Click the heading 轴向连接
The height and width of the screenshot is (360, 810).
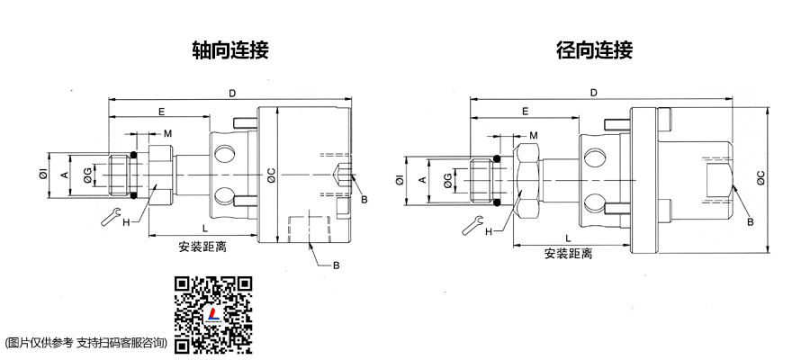click(230, 49)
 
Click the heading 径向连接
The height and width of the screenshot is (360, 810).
click(594, 49)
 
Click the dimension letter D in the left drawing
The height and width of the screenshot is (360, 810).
click(232, 93)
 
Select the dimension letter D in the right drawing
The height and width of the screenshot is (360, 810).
click(593, 93)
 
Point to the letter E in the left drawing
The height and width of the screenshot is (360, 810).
click(161, 112)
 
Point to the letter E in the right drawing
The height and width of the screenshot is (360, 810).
click(524, 112)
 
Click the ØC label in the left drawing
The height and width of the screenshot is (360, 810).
click(272, 176)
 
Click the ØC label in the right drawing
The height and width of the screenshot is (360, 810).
click(761, 177)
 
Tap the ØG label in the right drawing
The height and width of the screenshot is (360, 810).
click(448, 183)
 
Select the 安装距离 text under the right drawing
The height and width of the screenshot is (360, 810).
click(568, 254)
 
